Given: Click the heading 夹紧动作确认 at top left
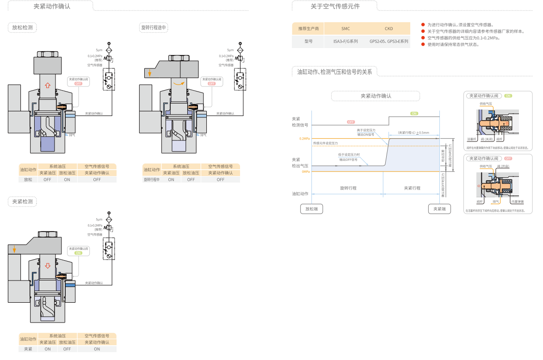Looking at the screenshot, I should tap(52, 6).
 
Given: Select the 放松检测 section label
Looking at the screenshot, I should tap(22, 28).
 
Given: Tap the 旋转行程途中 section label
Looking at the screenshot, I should tap(154, 28).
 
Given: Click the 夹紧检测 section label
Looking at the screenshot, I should tap(22, 201).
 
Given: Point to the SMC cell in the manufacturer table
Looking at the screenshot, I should tap(346, 29).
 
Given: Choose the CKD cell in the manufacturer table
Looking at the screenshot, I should tap(389, 29).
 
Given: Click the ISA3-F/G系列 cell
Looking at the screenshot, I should tap(346, 41).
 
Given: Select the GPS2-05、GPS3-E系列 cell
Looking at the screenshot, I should tap(389, 41).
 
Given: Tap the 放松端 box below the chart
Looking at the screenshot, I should tap(312, 209).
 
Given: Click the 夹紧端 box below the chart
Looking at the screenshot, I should tap(439, 209).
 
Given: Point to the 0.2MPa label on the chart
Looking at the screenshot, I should tap(304, 139).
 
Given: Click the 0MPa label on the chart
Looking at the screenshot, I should tap(305, 171).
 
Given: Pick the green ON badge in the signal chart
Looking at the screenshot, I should tap(414, 114).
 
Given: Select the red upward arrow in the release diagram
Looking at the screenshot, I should tap(47, 85).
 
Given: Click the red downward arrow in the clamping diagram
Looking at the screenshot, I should tap(47, 266).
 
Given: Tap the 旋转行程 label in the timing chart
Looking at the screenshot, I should tap(348, 188).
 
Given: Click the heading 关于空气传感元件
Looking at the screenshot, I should tap(335, 6).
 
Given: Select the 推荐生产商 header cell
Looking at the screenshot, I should tap(309, 29).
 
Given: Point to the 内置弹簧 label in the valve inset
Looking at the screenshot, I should tap(517, 201).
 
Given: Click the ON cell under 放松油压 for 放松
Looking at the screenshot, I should tap(67, 179).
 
